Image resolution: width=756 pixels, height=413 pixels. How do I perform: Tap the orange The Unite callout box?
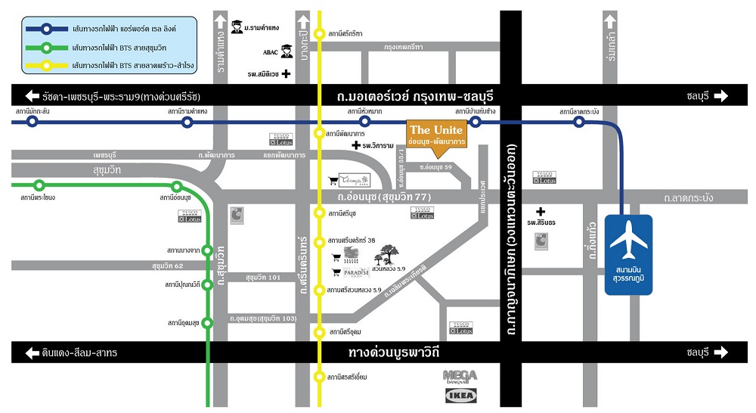tap(436, 135)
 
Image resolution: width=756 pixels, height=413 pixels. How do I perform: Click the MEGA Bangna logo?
tap(460, 376)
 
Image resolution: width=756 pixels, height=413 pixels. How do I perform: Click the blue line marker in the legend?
tap(47, 29)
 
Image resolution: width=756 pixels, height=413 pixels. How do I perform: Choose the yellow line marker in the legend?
tap(47, 65)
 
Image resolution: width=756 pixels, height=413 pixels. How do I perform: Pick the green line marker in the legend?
tap(47, 47)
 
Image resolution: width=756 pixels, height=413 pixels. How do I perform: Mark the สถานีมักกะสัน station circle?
tap(32, 121)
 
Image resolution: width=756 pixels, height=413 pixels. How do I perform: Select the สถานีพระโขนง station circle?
tap(39, 185)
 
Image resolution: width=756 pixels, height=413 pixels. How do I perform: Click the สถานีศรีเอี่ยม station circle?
tap(321, 376)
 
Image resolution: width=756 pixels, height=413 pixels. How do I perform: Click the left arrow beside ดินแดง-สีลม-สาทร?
tap(32, 352)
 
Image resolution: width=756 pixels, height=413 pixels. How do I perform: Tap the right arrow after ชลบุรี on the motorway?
tap(719, 96)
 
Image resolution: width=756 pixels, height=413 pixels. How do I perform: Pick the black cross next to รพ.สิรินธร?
tap(541, 212)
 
